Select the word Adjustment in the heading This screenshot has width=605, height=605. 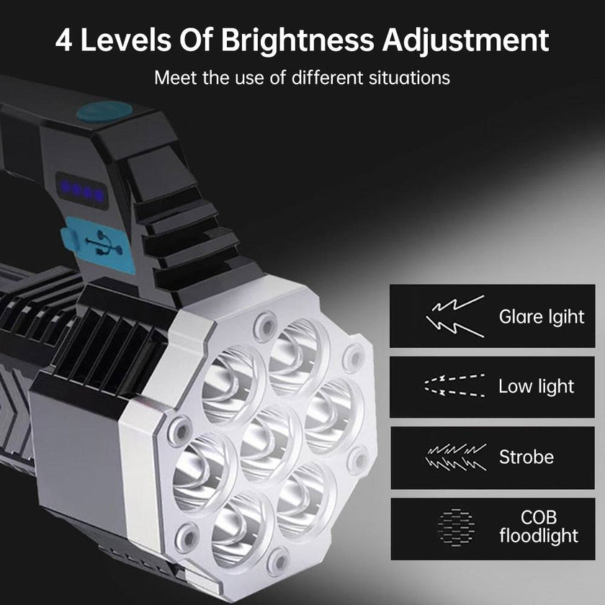(x=466, y=40)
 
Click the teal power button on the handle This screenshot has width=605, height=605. (x=105, y=111)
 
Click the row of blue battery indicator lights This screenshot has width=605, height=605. (x=82, y=190)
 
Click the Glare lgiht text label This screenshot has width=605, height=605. (x=542, y=316)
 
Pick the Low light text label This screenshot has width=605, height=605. (x=537, y=387)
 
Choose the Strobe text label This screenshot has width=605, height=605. (x=526, y=457)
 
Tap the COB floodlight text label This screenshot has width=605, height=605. (x=539, y=526)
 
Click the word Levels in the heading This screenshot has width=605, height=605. (x=128, y=40)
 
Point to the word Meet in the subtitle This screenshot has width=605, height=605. (x=176, y=77)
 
